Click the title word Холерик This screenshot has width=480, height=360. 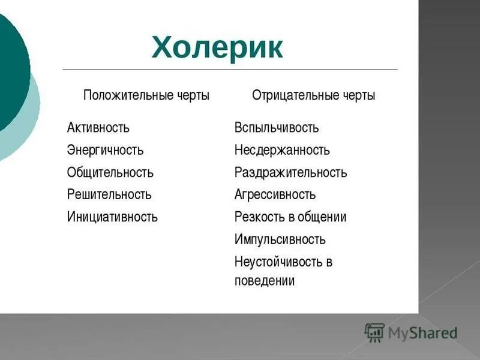(x=217, y=47)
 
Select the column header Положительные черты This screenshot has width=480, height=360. (x=146, y=95)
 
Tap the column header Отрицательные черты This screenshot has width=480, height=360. (x=313, y=95)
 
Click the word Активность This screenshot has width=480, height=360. (x=98, y=128)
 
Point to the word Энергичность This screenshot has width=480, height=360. (x=105, y=150)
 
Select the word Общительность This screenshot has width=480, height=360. (x=110, y=173)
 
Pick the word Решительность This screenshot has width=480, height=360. (x=109, y=195)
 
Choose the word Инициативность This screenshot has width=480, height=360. (x=112, y=217)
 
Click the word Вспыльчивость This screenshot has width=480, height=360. (x=276, y=128)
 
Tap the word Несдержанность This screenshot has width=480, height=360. (x=281, y=150)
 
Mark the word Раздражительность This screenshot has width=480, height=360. (x=290, y=173)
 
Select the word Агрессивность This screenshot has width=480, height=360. (x=275, y=195)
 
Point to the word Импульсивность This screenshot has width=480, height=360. (x=280, y=239)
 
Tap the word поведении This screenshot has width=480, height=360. (x=264, y=281)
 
